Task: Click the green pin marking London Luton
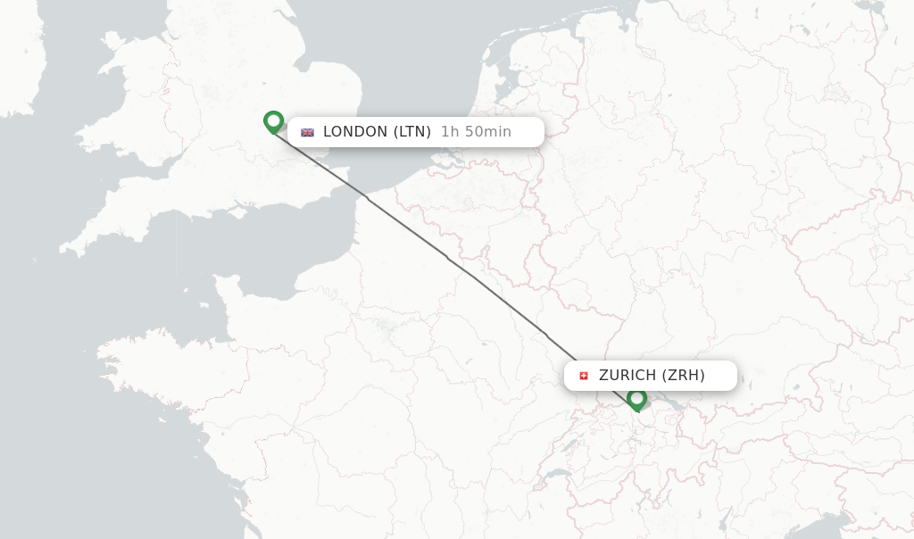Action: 273,121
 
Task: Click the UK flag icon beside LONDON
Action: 307,132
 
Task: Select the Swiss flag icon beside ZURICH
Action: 584,376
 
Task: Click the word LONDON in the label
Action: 355,132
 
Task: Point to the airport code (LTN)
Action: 412,132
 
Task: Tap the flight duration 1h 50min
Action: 476,132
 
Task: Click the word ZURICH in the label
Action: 627,376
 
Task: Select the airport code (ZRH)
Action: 684,376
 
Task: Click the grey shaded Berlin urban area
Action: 836,92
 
